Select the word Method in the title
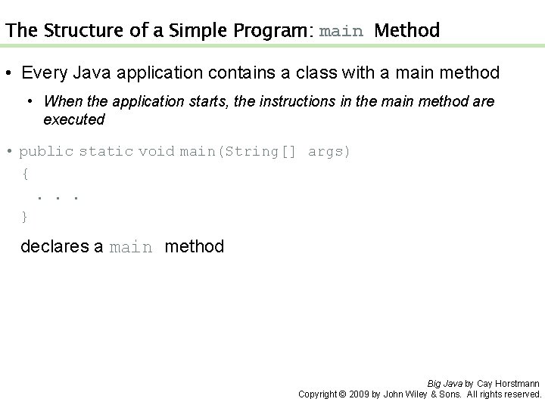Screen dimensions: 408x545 point(407,31)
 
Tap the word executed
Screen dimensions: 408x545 point(74,119)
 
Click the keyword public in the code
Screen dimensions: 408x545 point(47,151)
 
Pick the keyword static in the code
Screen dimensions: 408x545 point(107,151)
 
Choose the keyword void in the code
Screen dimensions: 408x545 point(157,151)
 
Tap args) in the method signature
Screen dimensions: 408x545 point(329,151)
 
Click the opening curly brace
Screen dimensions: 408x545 point(26,174)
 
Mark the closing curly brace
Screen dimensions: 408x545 point(25,217)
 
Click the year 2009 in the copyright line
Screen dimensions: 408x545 point(357,394)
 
